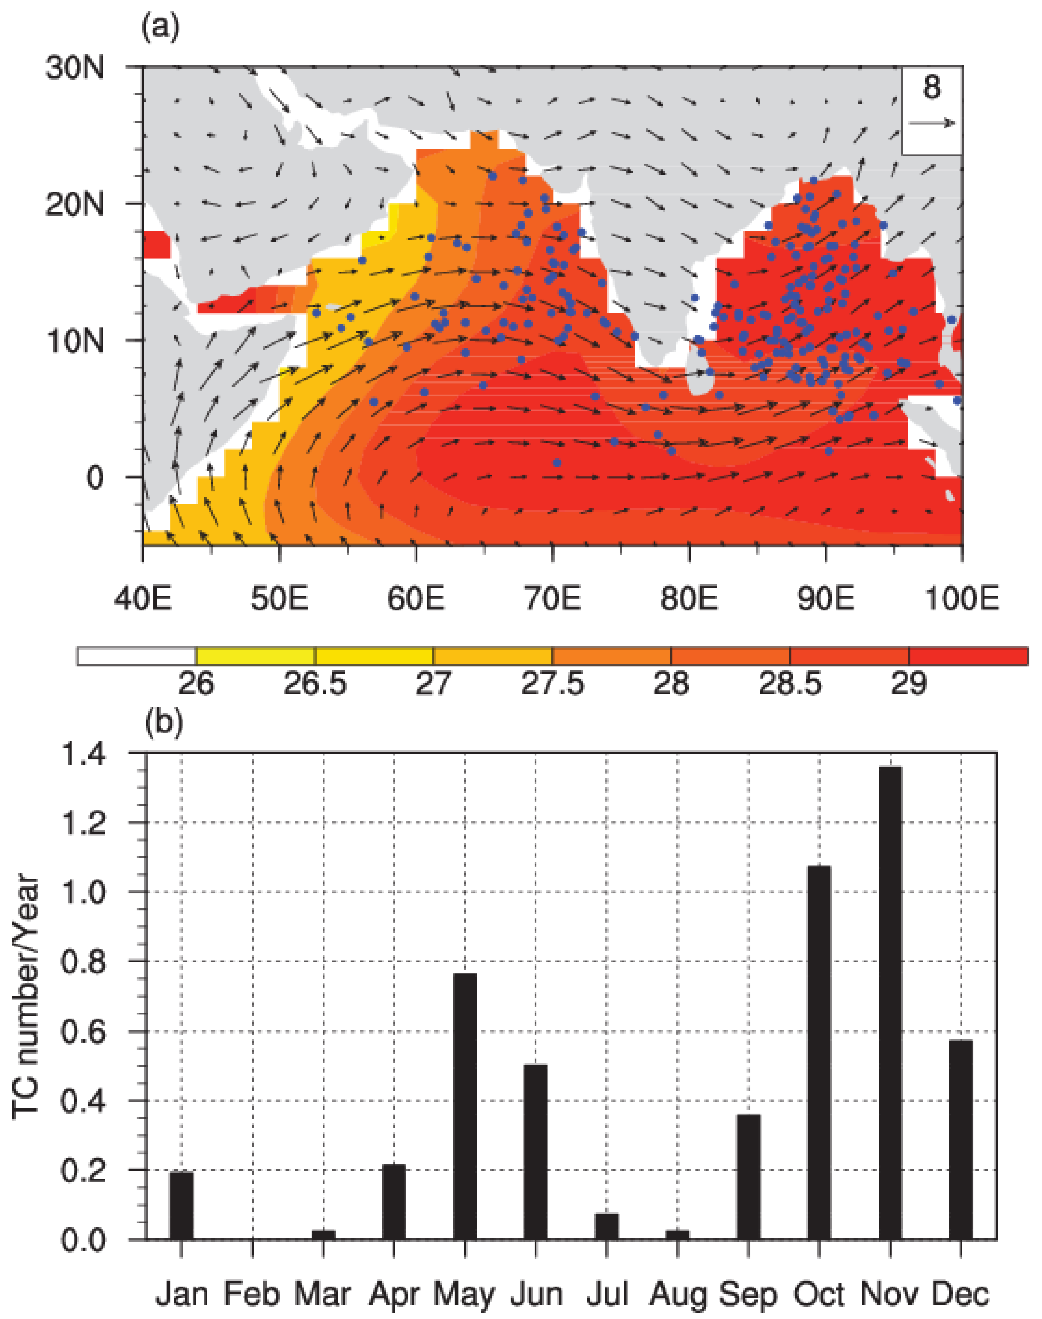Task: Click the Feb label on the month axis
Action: pos(252,1294)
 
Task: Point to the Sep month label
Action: pos(749,1294)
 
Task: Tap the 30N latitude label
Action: pos(75,68)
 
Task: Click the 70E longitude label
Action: pos(553,599)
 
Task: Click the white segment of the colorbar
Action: pos(137,656)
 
